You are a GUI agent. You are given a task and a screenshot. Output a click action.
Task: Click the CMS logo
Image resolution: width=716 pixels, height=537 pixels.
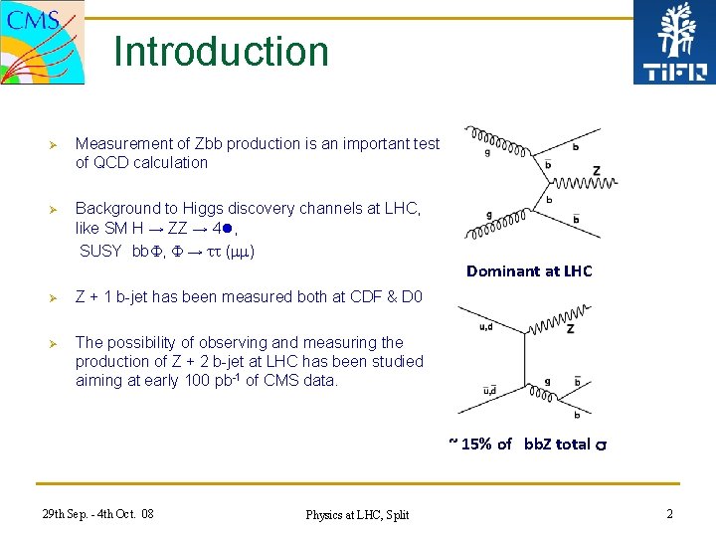click(42, 42)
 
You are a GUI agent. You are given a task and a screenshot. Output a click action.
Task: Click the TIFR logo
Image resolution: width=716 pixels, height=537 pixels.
click(673, 43)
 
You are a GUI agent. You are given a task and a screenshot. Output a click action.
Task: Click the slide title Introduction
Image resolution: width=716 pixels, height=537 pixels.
click(221, 52)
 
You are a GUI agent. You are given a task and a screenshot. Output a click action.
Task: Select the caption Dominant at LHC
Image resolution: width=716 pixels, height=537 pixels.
click(529, 270)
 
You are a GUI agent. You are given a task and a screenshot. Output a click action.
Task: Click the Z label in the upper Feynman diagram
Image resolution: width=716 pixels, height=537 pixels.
click(596, 171)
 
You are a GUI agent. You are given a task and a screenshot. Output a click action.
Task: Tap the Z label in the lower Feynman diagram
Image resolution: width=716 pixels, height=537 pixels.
click(570, 328)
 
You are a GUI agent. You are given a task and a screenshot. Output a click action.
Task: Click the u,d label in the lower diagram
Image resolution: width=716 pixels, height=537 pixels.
click(486, 314)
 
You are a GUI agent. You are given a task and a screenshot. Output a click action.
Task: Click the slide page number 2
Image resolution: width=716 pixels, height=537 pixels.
click(669, 513)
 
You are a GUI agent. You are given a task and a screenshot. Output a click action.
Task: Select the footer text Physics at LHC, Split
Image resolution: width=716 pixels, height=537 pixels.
click(357, 514)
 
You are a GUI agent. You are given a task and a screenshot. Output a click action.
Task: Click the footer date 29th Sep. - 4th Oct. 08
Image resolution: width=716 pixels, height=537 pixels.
click(98, 513)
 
